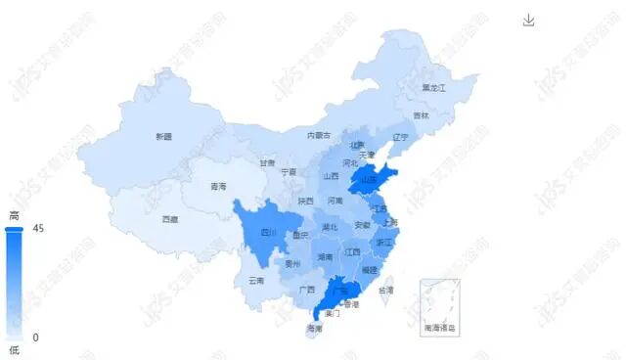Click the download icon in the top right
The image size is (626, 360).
tap(529, 21)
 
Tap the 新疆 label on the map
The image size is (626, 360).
tap(163, 136)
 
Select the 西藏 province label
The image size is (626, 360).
tap(170, 219)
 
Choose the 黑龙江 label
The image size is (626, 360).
tap(433, 88)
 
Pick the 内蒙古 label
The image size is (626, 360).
tap(319, 135)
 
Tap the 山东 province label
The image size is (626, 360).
tap(369, 180)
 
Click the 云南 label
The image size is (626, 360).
tap(256, 280)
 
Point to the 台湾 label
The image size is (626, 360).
tap(386, 290)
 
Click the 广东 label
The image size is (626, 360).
tap(341, 291)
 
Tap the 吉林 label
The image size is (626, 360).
tap(422, 115)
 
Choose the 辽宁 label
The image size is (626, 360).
tap(398, 137)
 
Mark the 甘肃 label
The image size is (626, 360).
tap(267, 162)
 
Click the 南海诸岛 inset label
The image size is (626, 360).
tap(439, 328)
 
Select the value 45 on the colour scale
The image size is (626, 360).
tap(38, 229)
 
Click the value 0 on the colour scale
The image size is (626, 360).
tap(36, 337)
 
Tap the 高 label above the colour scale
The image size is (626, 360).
tap(14, 215)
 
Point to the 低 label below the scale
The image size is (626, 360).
tap(14, 350)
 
